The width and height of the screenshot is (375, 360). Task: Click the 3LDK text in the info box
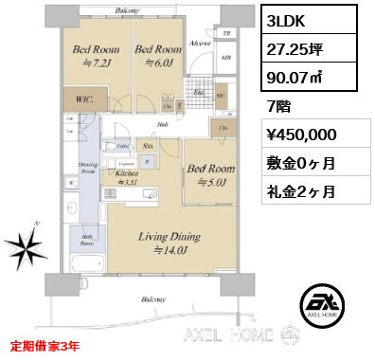pos(288,18)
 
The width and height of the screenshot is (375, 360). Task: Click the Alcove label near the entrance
pos(200,44)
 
